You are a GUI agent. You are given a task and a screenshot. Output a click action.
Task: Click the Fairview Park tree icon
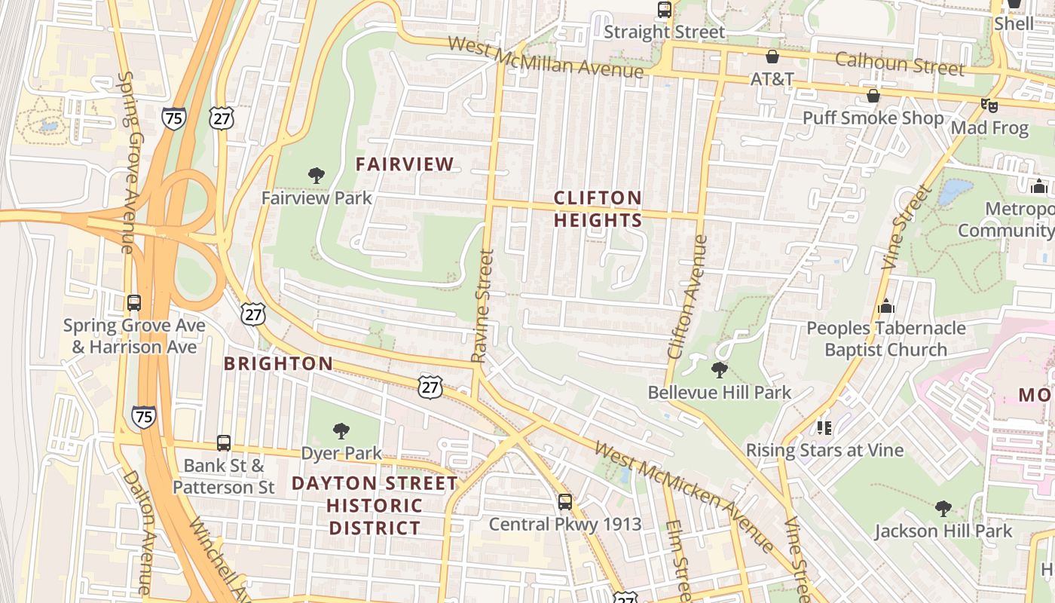point(316,176)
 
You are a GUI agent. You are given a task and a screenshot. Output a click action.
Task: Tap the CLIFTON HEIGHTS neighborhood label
point(598,209)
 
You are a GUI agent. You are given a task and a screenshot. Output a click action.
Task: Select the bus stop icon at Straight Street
point(664,10)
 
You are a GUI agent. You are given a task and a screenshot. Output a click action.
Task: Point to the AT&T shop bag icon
point(772,57)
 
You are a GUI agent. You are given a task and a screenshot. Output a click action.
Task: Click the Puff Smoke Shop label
point(873,118)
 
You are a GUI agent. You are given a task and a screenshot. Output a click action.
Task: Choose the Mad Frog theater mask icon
point(989,106)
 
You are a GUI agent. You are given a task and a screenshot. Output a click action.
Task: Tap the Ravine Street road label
point(483,306)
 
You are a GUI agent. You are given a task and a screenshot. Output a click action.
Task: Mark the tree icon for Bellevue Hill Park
point(720,370)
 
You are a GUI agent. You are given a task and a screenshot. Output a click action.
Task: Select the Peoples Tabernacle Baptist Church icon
point(886,306)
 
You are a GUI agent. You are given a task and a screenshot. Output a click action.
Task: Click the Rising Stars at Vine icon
point(824,428)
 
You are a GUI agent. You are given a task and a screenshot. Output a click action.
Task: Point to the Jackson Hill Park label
point(943,531)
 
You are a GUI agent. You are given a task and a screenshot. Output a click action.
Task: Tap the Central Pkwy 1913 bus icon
point(565,501)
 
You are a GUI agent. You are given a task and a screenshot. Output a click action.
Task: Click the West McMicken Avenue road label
point(683,496)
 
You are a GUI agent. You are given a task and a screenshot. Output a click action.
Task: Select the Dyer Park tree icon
point(341,431)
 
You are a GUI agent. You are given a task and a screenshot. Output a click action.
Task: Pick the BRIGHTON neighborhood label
point(278,363)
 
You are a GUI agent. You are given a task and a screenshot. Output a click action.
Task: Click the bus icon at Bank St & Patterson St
point(224,442)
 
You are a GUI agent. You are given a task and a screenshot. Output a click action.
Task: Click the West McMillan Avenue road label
point(546,57)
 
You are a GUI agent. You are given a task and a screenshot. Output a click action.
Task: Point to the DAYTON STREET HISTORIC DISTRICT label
point(375,505)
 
